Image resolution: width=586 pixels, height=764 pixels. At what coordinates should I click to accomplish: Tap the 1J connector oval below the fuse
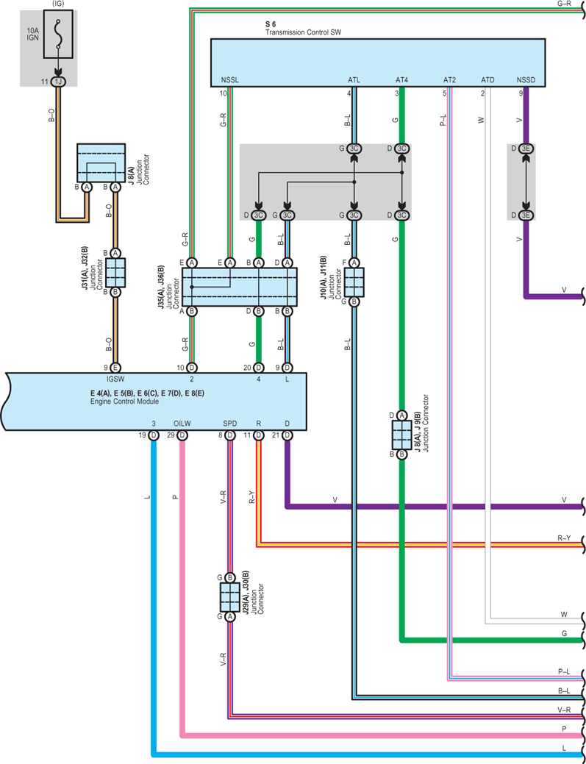click(x=58, y=82)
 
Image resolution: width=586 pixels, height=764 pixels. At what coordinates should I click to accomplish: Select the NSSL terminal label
click(x=229, y=80)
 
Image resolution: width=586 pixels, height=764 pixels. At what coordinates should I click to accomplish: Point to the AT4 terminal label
click(x=402, y=80)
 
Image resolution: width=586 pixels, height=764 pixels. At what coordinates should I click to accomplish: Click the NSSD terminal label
click(x=525, y=80)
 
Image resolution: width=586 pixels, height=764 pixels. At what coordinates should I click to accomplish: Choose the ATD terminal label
click(x=488, y=80)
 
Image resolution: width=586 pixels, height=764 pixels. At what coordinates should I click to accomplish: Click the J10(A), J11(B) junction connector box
click(x=354, y=282)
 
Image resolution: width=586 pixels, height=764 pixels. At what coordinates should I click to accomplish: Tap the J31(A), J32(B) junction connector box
click(x=115, y=272)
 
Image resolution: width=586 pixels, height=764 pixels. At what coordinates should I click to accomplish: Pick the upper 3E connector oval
click(x=525, y=148)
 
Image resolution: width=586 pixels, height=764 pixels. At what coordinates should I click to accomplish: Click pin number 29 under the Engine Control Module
click(x=171, y=435)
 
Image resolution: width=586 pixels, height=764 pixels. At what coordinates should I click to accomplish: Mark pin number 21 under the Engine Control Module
click(x=276, y=435)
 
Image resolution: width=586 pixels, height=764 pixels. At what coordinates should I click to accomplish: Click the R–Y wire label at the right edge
click(x=564, y=538)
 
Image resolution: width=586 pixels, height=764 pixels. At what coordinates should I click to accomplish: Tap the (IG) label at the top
click(x=58, y=4)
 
